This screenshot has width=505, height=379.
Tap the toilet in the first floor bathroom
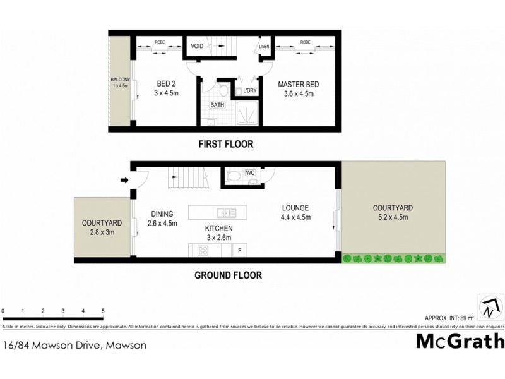click(222, 88)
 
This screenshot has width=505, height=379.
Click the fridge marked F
click(239, 251)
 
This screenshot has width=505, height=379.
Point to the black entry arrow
click(124, 181)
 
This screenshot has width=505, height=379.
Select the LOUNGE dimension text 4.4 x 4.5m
click(295, 217)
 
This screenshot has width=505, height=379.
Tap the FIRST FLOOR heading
click(225, 144)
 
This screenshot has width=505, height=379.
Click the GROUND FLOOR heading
click(228, 275)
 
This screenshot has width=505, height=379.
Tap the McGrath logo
click(460, 342)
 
